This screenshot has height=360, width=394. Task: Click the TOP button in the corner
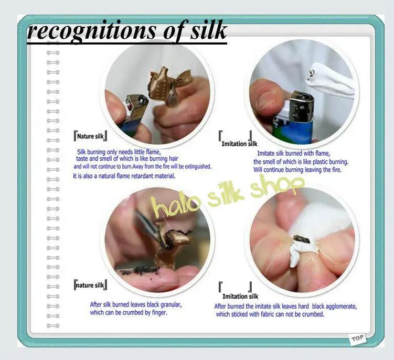[x=357, y=339]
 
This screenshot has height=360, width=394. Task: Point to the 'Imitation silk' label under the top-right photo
[x=239, y=144]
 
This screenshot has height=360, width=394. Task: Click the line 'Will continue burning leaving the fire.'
[x=297, y=170]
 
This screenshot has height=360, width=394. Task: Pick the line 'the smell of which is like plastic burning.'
[x=301, y=162]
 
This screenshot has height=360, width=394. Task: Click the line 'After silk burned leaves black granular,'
[x=136, y=305]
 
